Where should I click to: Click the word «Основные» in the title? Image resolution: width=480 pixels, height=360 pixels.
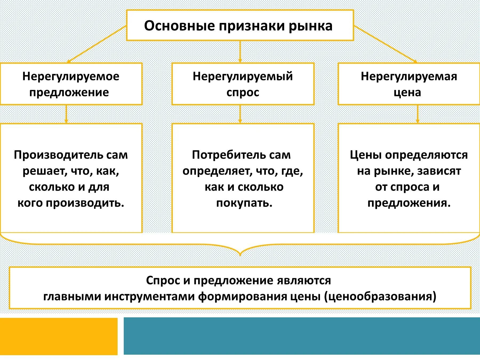179,26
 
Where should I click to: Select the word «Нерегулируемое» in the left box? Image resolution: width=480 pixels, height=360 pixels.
71,77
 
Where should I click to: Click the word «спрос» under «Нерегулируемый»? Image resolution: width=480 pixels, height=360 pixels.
243,93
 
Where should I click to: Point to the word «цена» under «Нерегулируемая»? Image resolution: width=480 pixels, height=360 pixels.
407,93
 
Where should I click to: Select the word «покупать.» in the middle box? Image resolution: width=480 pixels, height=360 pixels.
244,203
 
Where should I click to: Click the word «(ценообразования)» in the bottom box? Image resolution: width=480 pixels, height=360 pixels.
380,297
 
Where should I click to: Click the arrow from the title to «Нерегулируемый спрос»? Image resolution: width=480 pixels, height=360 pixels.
240,52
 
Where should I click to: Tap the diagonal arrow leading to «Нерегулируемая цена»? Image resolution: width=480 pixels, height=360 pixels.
385,44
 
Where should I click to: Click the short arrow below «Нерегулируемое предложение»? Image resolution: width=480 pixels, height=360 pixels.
66,114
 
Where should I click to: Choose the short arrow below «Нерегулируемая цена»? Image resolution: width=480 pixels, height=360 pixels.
418,114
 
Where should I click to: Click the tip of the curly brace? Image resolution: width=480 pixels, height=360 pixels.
240,253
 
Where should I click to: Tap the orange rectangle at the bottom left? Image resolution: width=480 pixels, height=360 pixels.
59,336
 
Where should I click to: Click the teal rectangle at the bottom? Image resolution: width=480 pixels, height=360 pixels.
302,336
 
